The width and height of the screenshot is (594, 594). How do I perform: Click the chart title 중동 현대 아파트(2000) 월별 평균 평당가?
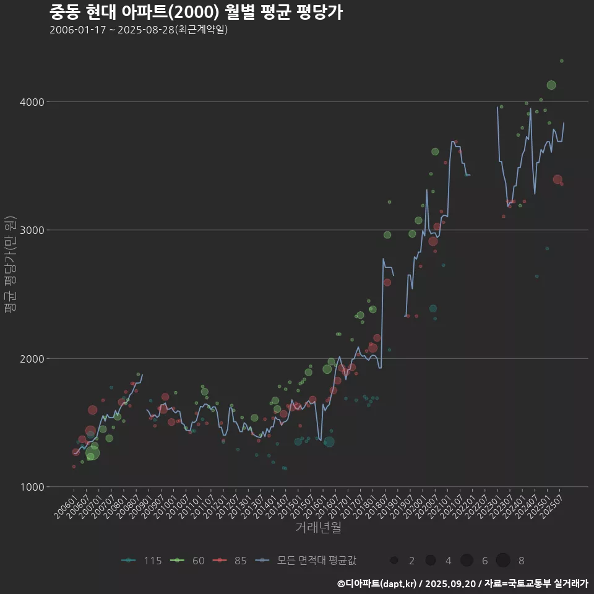pyautogui.click(x=196, y=12)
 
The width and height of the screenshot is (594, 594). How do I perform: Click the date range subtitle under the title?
pyautogui.click(x=139, y=30)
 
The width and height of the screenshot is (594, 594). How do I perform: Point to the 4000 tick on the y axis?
pyautogui.click(x=34, y=101)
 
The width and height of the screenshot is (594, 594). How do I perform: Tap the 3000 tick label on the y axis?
pyautogui.click(x=34, y=230)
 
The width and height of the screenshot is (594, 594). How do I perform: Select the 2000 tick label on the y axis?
pyautogui.click(x=34, y=359)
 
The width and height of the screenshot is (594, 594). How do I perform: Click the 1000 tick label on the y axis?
pyautogui.click(x=34, y=487)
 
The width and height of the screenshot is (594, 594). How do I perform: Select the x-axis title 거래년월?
pyautogui.click(x=318, y=527)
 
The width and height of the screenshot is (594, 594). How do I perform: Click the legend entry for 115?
pyautogui.click(x=142, y=561)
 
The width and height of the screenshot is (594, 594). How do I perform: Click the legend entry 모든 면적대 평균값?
pyautogui.click(x=307, y=561)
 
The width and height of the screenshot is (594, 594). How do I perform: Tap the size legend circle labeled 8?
pyautogui.click(x=503, y=561)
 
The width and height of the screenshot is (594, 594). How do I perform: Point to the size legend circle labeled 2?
pyautogui.click(x=394, y=561)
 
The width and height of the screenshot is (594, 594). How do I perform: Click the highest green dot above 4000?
pyautogui.click(x=562, y=61)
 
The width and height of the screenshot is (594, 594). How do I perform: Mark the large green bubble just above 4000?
pyautogui.click(x=551, y=85)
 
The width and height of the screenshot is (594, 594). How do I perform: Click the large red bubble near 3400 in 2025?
pyautogui.click(x=557, y=179)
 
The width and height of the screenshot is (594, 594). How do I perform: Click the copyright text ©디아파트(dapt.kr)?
pyautogui.click(x=377, y=583)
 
